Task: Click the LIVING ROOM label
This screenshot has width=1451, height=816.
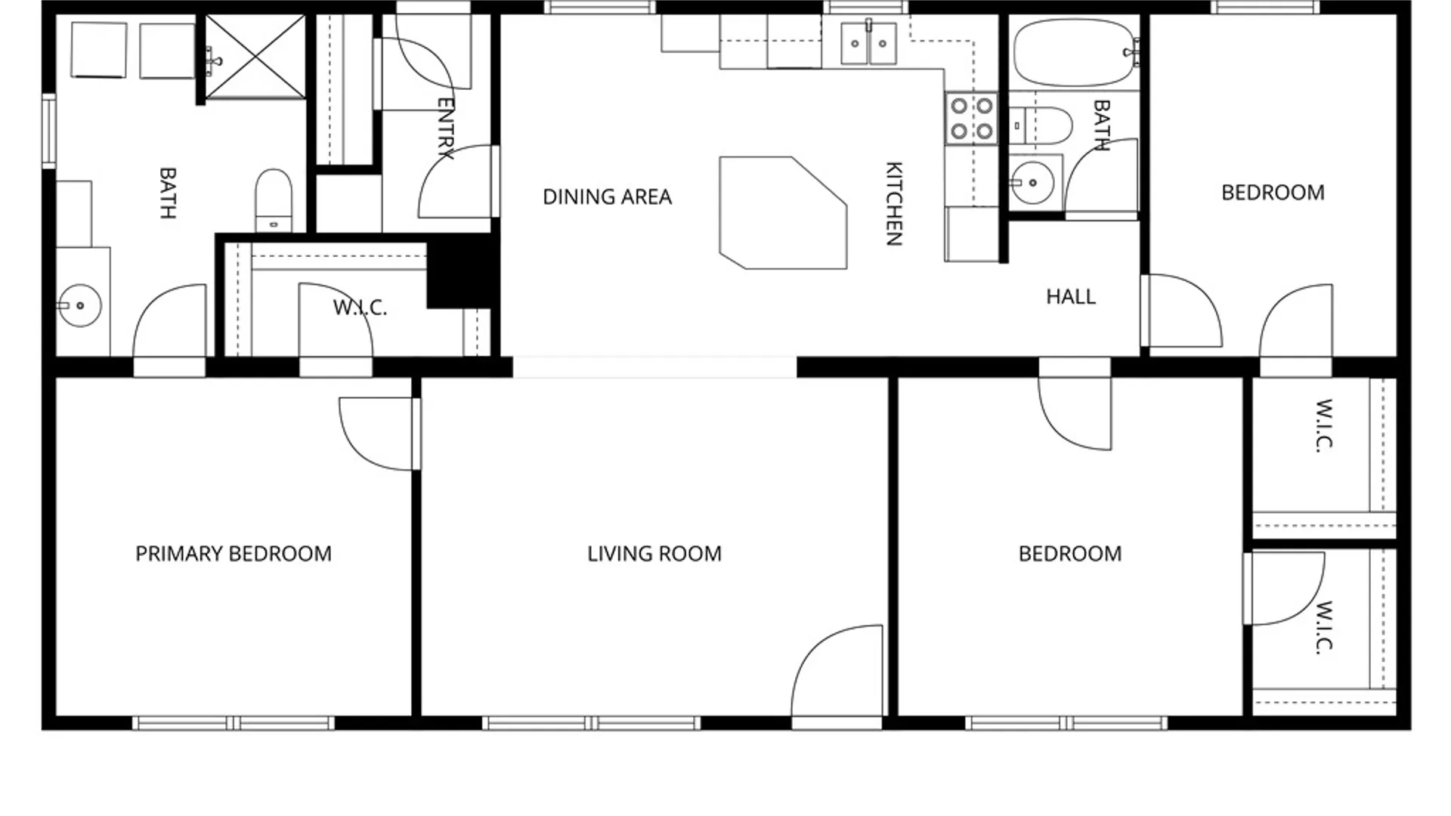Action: tap(654, 554)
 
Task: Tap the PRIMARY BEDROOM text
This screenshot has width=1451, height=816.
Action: tap(234, 554)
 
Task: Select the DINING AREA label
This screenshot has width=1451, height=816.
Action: tap(608, 197)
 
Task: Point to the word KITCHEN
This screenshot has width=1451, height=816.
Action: tap(894, 203)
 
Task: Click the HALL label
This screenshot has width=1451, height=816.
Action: tap(1071, 297)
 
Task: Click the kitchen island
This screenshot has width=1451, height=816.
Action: tap(783, 212)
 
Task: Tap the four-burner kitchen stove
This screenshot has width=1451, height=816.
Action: tap(972, 119)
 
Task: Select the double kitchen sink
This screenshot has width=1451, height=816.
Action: tap(869, 43)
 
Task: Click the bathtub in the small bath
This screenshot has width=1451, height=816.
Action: tap(1075, 53)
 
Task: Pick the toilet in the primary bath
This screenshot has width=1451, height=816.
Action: tap(274, 200)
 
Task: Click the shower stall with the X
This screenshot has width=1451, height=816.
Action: tap(255, 57)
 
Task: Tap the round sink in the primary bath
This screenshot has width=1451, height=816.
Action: tap(80, 305)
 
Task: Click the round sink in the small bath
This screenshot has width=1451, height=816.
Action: tap(1032, 182)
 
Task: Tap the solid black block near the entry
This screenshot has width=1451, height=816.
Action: tap(461, 270)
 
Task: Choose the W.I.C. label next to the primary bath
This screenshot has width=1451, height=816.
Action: tap(360, 308)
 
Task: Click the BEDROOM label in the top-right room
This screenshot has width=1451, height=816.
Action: tap(1273, 193)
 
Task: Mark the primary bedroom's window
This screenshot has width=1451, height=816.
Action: tap(234, 723)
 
